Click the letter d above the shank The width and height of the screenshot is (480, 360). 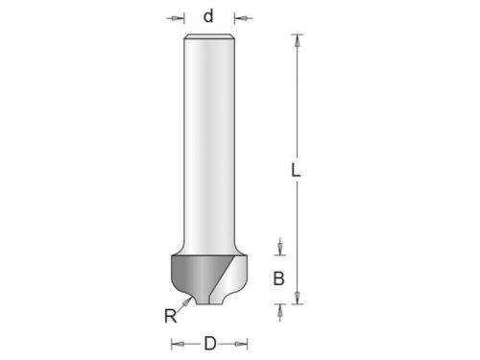(208, 16)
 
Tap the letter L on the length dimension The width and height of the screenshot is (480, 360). (296, 170)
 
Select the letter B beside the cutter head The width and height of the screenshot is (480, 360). (278, 278)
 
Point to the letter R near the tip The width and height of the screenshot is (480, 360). (170, 316)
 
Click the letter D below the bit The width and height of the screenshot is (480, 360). (210, 344)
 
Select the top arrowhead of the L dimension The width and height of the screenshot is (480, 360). (298, 40)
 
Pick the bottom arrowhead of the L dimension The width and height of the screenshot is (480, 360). (298, 298)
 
